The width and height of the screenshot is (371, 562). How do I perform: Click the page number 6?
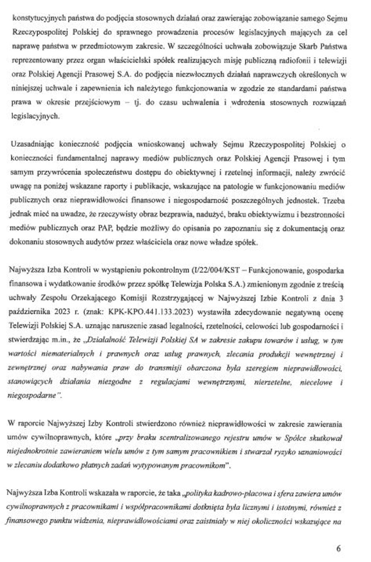pos(339,549)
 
